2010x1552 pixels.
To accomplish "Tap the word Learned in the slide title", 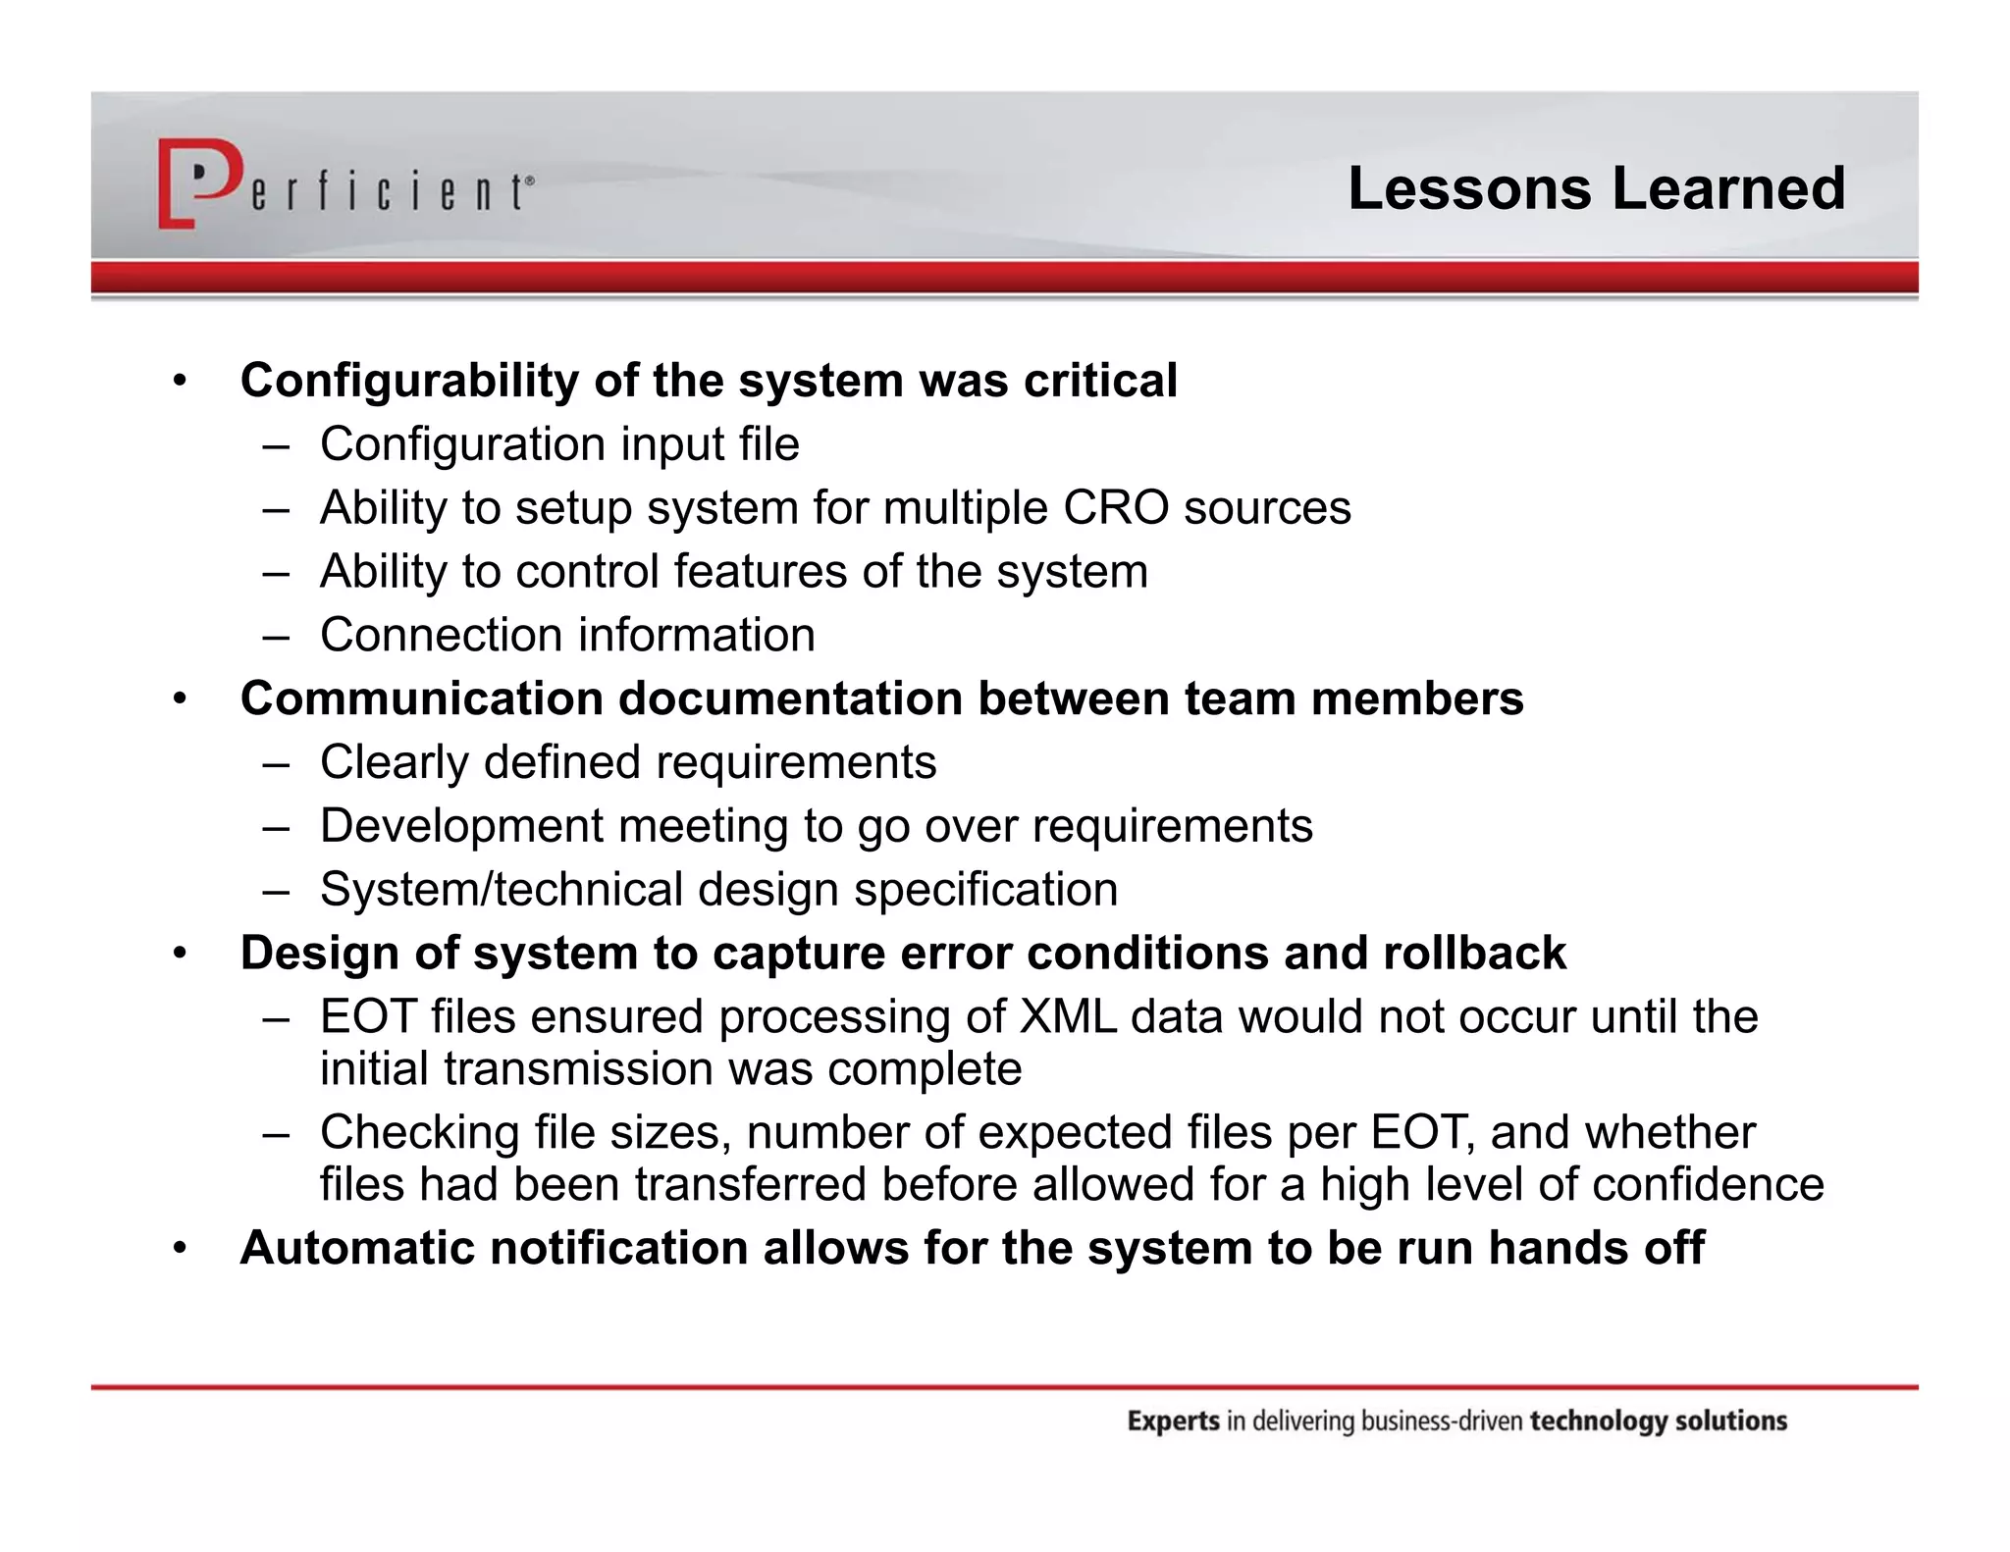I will [1728, 188].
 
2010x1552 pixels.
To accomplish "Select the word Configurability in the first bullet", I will [409, 381].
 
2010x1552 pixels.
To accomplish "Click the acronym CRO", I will [1116, 508].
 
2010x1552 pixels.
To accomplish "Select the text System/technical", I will [501, 890].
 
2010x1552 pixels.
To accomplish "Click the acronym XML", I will [1068, 1017].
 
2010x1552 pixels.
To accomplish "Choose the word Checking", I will [419, 1133].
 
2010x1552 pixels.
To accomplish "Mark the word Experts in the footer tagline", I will [1173, 1422].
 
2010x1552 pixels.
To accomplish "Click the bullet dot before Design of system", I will [179, 954].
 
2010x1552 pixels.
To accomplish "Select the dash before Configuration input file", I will [276, 445].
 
